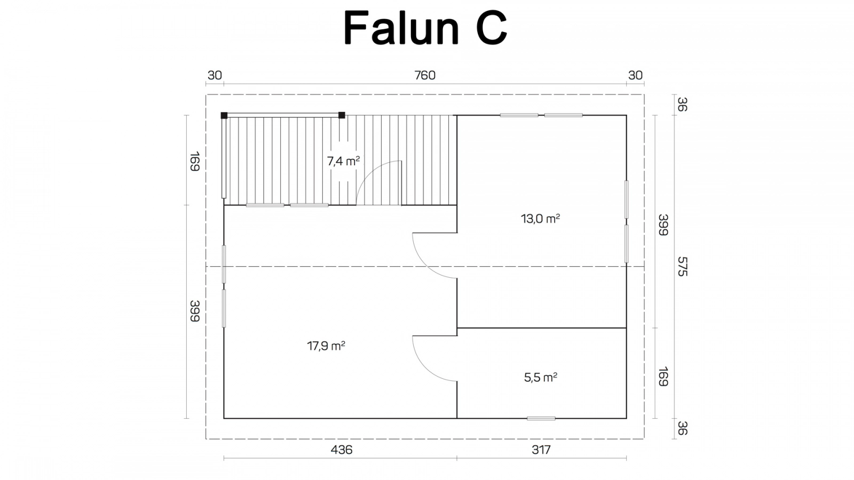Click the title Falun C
pos(425,28)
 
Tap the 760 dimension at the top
pos(425,75)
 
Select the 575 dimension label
pos(682,266)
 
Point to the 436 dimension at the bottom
pos(341,450)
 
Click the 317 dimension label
pos(541,450)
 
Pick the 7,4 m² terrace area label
pos(343,161)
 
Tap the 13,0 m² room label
pos(540,219)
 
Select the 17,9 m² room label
pos(326,346)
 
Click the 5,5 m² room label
pos(541,378)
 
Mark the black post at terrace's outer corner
pos(224,115)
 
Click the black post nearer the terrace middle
pos(342,115)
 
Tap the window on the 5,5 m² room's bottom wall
pos(541,418)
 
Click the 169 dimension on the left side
pos(195,162)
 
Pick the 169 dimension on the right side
pos(663,377)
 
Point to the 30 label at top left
pos(215,75)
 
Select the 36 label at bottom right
pos(682,428)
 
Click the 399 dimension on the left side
pos(195,311)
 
